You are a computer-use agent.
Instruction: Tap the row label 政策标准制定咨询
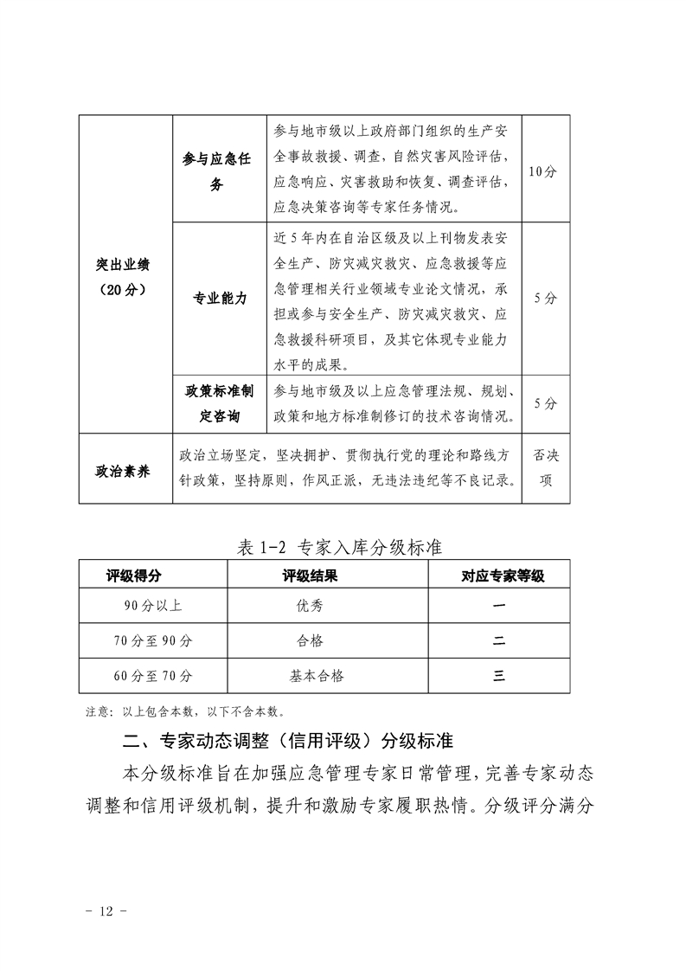coord(220,403)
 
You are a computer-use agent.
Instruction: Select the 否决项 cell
coord(545,468)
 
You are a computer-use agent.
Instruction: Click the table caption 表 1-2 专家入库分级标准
coord(340,548)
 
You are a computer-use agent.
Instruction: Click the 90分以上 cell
coord(152,607)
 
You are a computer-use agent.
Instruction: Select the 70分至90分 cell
coord(152,641)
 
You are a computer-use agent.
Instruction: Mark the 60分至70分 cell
coord(152,676)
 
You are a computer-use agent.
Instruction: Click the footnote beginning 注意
coord(186,712)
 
